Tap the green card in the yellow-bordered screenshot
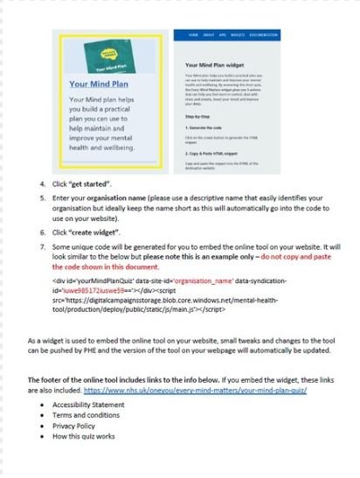pyautogui.click(x=100, y=54)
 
